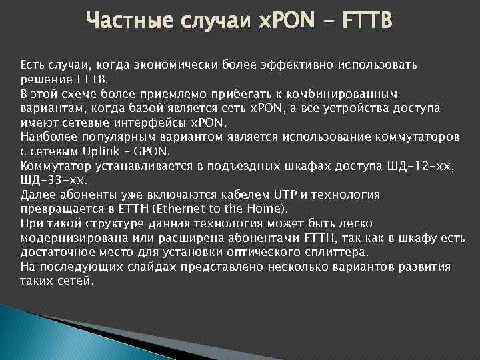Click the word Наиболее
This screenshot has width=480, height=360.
tap(46, 137)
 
